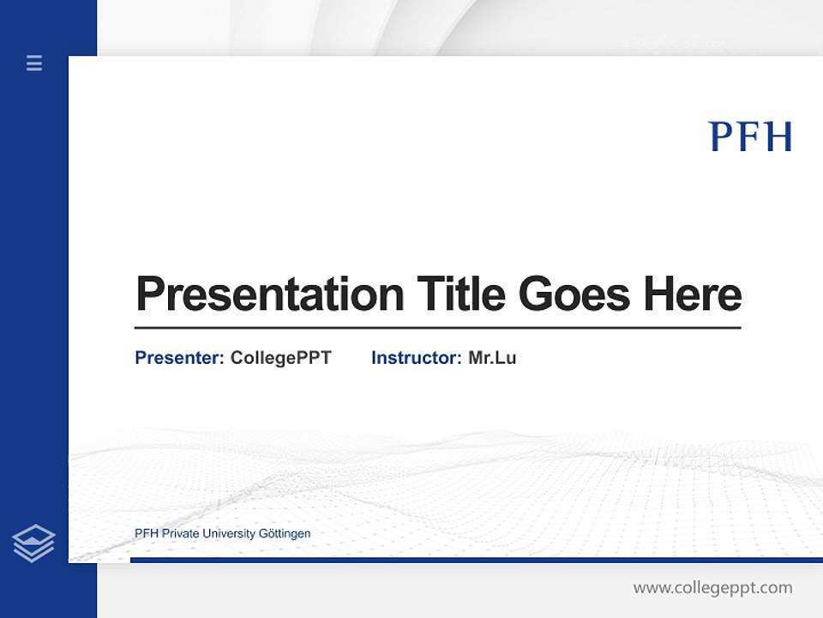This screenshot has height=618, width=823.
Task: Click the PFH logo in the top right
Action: [750, 136]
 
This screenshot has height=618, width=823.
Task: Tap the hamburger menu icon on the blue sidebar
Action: [34, 63]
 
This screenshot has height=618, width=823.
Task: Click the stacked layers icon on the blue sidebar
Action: [33, 543]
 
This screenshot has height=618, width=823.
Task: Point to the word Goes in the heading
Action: [574, 294]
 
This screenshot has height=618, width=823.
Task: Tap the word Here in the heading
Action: [693, 294]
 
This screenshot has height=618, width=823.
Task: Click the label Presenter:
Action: [179, 358]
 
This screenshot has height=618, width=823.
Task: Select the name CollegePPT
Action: [280, 358]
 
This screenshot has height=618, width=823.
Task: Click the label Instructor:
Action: [416, 358]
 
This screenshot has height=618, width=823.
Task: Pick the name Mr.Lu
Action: [492, 358]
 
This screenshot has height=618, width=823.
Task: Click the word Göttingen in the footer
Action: [284, 534]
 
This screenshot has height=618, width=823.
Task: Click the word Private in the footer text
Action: [179, 534]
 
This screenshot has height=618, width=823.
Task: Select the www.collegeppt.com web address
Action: [712, 588]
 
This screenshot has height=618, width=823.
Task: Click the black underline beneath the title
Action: [437, 328]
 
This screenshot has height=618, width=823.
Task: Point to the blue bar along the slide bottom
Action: [472, 560]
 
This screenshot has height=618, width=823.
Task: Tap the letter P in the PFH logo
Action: [721, 136]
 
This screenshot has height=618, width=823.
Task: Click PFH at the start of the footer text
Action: [147, 534]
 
